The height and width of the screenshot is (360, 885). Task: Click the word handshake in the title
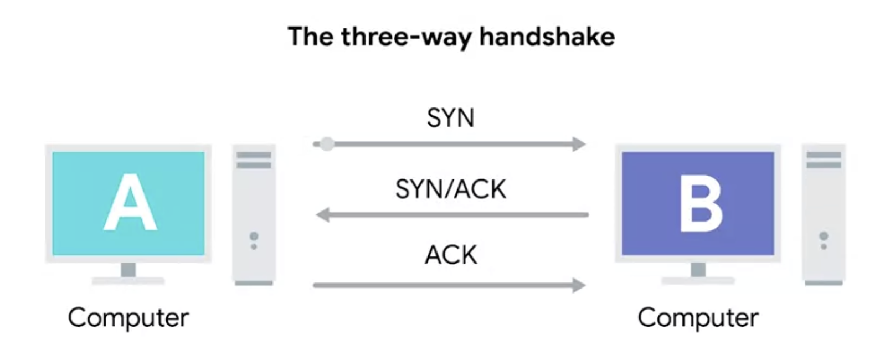tap(547, 37)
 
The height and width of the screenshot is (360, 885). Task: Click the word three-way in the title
tap(407, 37)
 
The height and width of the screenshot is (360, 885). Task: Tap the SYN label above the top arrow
tap(450, 118)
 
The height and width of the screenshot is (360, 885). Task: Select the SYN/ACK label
tap(450, 189)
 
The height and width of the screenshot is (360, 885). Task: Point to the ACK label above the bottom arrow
tap(451, 255)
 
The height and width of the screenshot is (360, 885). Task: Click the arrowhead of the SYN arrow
tap(579, 144)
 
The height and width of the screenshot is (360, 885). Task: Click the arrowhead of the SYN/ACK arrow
tap(323, 214)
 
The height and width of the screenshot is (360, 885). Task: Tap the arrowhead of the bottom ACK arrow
tap(579, 285)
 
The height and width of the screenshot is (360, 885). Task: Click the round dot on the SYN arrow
tap(327, 144)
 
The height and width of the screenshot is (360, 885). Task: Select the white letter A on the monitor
tap(130, 202)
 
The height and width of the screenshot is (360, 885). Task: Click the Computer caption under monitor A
tap(128, 318)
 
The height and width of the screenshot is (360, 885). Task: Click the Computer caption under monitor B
tap(698, 318)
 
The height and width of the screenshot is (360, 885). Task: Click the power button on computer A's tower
tap(254, 237)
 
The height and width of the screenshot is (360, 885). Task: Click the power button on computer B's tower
tap(824, 236)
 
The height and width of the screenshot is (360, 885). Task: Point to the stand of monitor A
tap(128, 271)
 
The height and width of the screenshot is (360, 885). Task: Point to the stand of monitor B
tap(698, 271)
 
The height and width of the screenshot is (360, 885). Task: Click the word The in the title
tap(310, 37)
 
